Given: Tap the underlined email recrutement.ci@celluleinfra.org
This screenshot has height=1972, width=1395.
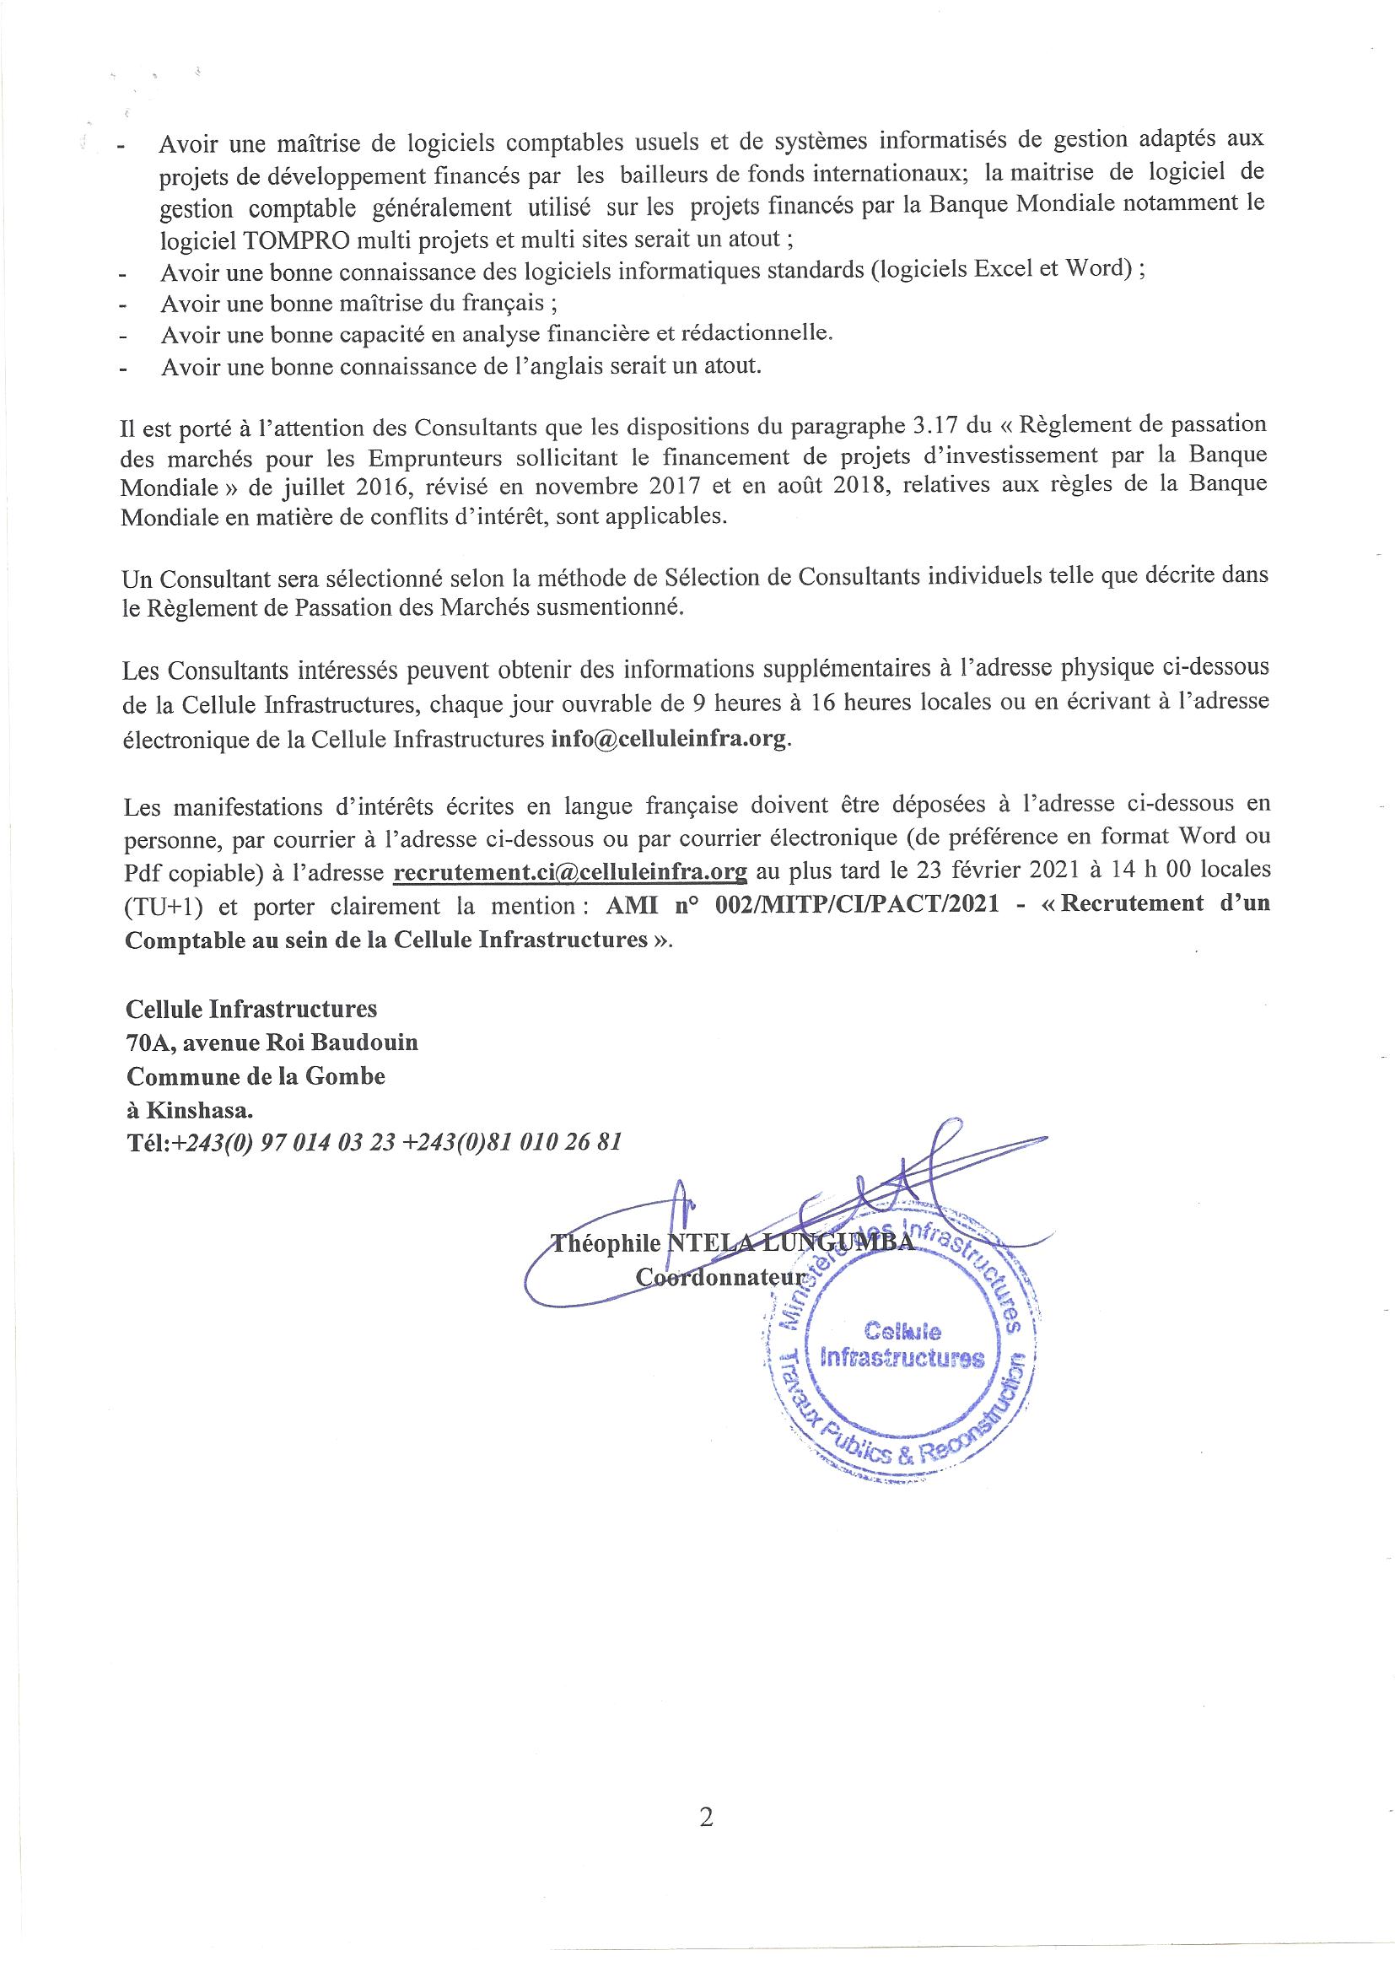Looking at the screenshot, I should tap(569, 872).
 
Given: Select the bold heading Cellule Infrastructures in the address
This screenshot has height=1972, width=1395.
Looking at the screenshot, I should tap(250, 1007).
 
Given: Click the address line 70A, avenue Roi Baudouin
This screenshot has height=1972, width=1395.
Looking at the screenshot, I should tap(272, 1042).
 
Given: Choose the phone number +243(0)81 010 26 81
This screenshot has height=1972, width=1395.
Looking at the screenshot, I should tap(511, 1142).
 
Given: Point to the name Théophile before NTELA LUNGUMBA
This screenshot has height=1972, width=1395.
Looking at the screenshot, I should tap(606, 1242).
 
